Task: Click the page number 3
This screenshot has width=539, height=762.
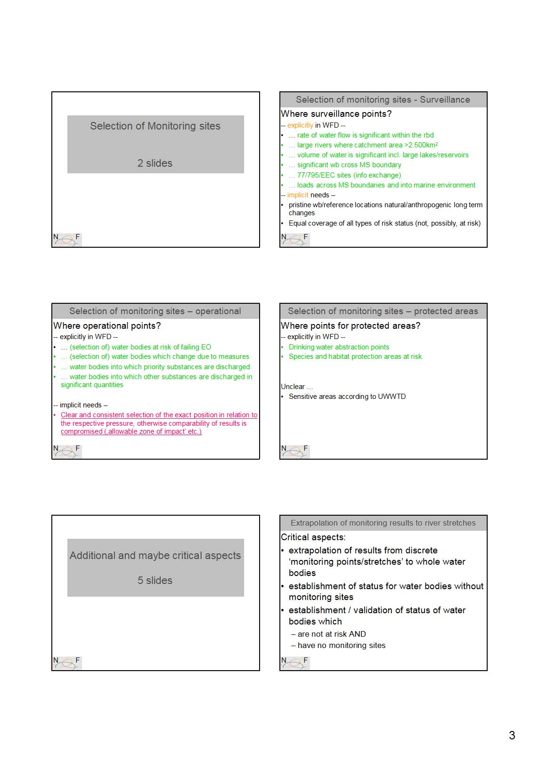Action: click(x=512, y=735)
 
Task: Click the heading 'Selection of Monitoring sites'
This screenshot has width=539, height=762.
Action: click(x=155, y=126)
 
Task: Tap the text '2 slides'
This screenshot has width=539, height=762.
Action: click(x=155, y=163)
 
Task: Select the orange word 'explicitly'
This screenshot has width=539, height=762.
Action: click(x=300, y=125)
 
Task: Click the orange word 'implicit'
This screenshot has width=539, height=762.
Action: click(x=298, y=195)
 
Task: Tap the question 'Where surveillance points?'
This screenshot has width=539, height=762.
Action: click(x=336, y=114)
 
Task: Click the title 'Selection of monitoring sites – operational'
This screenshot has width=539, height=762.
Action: click(x=155, y=311)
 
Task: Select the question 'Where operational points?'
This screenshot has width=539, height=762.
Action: click(x=107, y=326)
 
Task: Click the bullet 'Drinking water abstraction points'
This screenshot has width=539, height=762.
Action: click(x=339, y=347)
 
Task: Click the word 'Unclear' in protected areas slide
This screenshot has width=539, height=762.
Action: click(x=293, y=387)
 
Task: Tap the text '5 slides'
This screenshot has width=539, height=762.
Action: click(x=155, y=581)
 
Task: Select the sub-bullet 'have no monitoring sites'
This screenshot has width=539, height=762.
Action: click(x=341, y=646)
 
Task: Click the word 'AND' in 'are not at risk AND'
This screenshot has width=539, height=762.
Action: click(x=358, y=634)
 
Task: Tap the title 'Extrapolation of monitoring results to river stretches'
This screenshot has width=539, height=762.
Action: click(x=383, y=523)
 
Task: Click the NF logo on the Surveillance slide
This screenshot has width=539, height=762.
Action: click(x=295, y=239)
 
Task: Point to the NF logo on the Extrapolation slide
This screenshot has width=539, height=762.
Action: click(x=295, y=663)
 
